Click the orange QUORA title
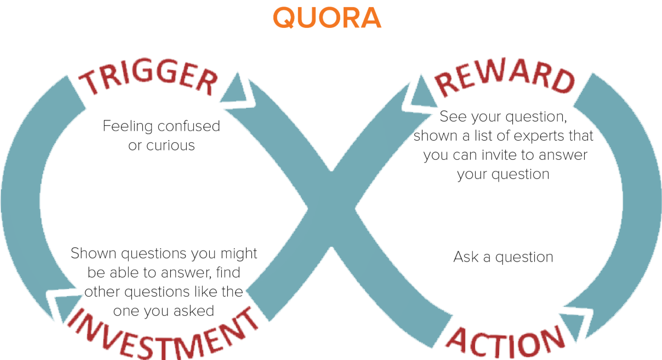pos(327,18)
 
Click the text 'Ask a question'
pos(503,257)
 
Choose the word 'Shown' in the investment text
pos(93,253)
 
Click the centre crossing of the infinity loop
pos(331,209)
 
